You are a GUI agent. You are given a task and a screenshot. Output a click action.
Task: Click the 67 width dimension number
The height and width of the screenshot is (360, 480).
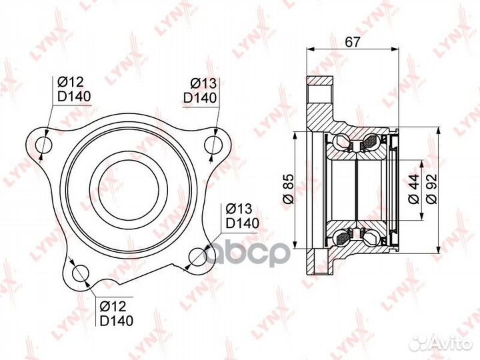pos(352,41)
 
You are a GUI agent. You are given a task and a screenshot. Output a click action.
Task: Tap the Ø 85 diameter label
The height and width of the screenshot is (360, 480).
pos(289,189)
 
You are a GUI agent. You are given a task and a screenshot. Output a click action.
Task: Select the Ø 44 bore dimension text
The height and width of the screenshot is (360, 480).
pos(413,189)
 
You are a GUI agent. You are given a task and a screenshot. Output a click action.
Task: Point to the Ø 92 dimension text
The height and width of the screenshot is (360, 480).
pos(431,189)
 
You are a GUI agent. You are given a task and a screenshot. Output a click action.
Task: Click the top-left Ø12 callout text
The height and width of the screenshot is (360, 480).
pos(71,82)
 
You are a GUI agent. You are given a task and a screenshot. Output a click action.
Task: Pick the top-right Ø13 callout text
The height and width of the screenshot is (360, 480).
pos(203,83)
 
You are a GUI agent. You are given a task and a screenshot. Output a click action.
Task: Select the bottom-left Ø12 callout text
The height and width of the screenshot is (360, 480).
pos(113,306)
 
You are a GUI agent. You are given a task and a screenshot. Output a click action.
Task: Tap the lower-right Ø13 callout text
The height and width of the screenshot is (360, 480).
pos(239,209)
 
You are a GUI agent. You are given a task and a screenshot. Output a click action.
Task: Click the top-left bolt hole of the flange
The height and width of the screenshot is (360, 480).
pos(44,144)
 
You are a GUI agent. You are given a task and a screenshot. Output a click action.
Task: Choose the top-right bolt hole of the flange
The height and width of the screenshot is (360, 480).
pos(213,144)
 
